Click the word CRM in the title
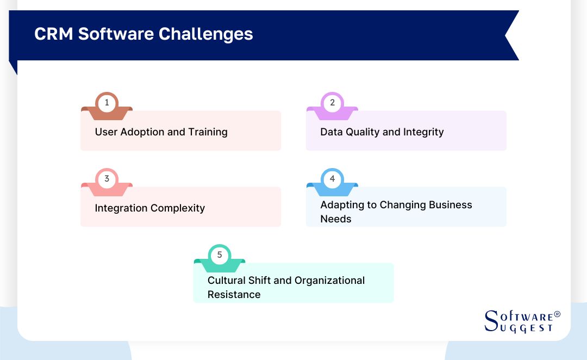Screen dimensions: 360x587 coord(54,34)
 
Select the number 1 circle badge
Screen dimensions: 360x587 coord(107,102)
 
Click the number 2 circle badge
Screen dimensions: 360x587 coord(332,102)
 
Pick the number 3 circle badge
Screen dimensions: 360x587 coord(107,178)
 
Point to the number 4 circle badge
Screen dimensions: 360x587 coord(332,178)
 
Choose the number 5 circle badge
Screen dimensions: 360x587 coord(220,255)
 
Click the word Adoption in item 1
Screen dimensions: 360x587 coord(144,132)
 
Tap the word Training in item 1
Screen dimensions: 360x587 coord(208,132)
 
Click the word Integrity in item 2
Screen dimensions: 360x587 coord(423,132)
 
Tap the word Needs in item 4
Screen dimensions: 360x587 coord(336,219)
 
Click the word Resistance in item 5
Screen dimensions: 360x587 coord(234,294)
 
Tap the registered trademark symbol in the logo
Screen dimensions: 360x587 coord(557,314)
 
